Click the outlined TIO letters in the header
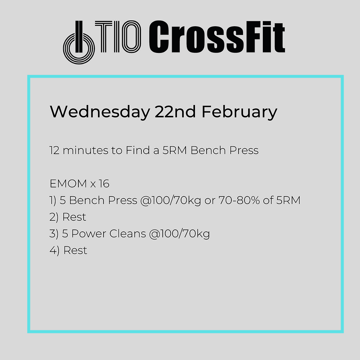[x=118, y=37]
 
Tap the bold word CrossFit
[x=217, y=37]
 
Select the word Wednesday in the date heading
[x=100, y=112]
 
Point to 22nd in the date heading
[x=175, y=112]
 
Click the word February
[x=240, y=112]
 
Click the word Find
[x=138, y=150]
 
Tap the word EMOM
[x=68, y=184]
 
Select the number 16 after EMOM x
[x=104, y=184]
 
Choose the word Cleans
[x=127, y=234]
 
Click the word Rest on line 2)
[x=74, y=217]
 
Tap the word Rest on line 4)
[x=75, y=250]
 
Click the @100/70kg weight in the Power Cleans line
[x=179, y=234]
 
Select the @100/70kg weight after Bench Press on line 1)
[x=171, y=201]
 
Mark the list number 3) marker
[x=54, y=234]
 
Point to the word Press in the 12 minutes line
[x=244, y=150]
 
